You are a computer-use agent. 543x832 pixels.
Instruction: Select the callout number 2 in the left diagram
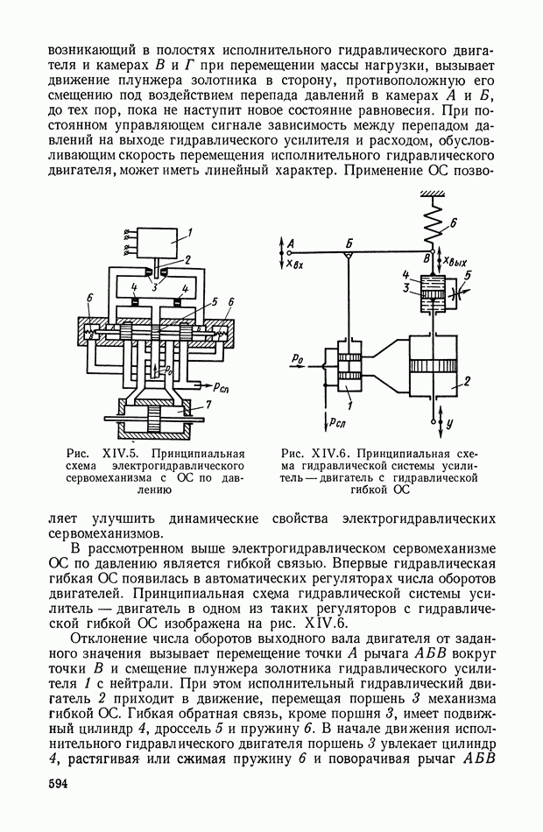(187, 260)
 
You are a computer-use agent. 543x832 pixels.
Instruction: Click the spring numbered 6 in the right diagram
(432, 229)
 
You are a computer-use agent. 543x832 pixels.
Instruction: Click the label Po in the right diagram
(299, 357)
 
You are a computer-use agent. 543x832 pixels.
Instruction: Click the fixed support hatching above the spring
(432, 194)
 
